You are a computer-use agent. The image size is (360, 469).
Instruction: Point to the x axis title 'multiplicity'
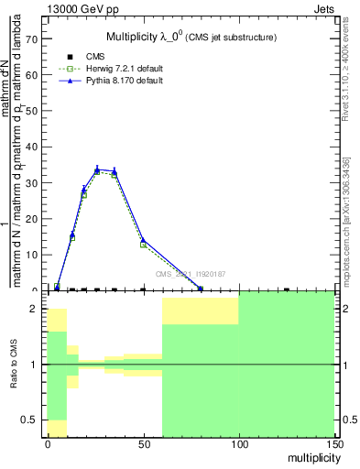click(x=309, y=456)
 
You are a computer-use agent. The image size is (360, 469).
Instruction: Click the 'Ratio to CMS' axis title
click(x=13, y=365)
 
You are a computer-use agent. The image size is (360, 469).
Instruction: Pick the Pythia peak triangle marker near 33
click(x=98, y=169)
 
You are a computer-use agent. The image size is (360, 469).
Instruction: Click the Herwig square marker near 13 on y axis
click(x=143, y=245)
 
